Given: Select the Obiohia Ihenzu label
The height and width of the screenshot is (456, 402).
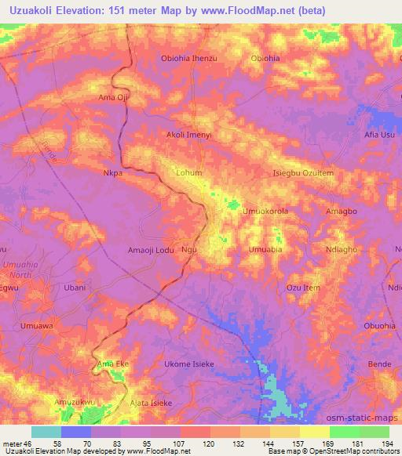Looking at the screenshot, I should pyautogui.click(x=188, y=59).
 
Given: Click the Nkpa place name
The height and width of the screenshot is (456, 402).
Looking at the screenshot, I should pyautogui.click(x=113, y=172).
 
